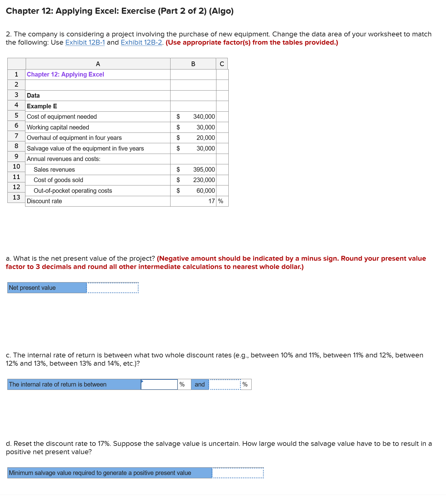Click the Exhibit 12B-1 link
click(x=85, y=43)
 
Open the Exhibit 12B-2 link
click(x=141, y=43)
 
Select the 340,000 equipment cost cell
click(x=204, y=117)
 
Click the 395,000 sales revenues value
click(x=204, y=170)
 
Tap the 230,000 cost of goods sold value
click(x=204, y=180)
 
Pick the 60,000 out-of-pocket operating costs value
click(x=205, y=191)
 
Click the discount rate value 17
click(x=211, y=201)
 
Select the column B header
click(x=193, y=64)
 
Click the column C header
click(x=222, y=64)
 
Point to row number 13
click(x=16, y=197)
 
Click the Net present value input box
click(x=113, y=288)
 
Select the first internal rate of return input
click(x=159, y=384)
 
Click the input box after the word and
click(x=225, y=384)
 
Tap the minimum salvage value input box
click(x=238, y=473)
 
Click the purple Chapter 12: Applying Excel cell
click(x=66, y=74)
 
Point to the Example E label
click(x=42, y=106)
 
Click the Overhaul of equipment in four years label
click(x=74, y=138)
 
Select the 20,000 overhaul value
click(x=205, y=138)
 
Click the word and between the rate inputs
click(x=200, y=384)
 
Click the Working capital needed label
click(x=58, y=127)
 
